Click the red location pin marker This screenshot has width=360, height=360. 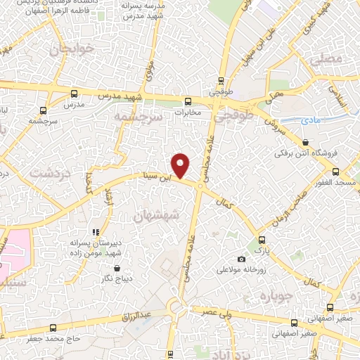(181, 165)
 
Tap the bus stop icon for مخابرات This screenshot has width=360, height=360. (188, 101)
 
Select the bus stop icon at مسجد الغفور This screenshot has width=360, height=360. (335, 172)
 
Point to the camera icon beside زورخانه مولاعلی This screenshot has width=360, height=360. (243, 259)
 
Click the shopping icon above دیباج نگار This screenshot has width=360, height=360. (116, 269)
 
